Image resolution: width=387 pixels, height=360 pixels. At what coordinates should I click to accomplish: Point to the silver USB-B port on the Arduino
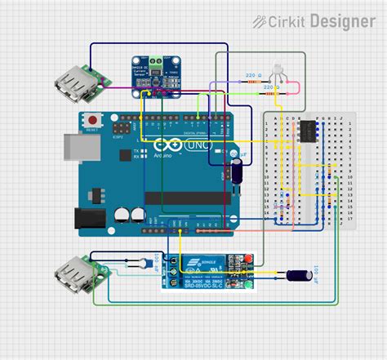pos(71,147)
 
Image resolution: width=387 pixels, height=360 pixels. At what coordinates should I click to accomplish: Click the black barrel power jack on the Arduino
pos(89,217)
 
